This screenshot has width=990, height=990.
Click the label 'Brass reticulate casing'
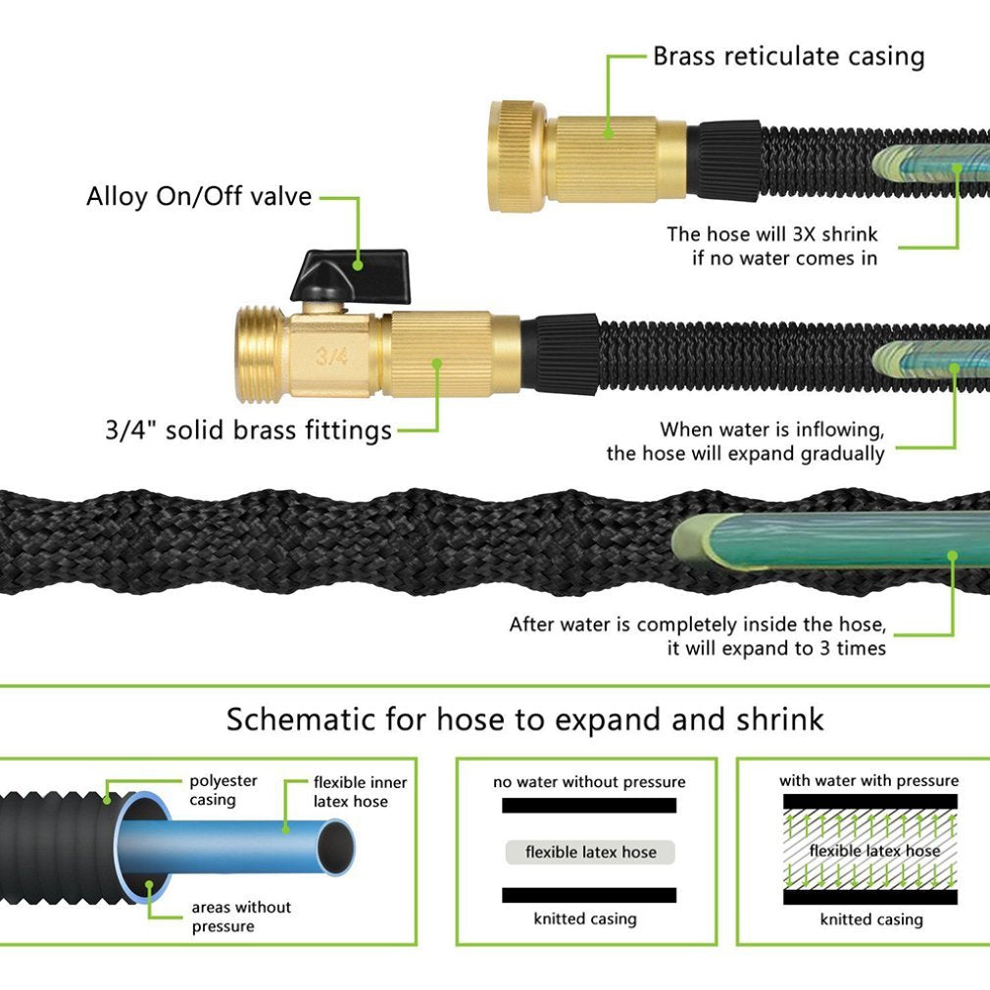click(788, 56)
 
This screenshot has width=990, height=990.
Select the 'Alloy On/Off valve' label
click(199, 196)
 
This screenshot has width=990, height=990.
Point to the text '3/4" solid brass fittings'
click(248, 429)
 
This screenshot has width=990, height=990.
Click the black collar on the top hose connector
click(724, 159)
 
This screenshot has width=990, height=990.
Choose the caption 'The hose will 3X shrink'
click(772, 234)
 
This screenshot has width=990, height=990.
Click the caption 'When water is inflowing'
click(772, 429)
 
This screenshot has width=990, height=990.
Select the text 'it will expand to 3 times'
click(776, 648)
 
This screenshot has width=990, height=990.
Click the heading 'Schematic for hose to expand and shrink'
click(524, 719)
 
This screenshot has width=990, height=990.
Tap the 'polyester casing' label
click(223, 790)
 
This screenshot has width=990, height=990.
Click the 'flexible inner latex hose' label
click(360, 792)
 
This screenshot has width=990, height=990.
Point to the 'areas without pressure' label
click(241, 916)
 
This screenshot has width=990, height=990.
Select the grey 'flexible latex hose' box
click(590, 852)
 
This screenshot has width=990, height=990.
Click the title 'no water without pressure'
click(589, 782)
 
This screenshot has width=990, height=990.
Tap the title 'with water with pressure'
click(868, 781)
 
